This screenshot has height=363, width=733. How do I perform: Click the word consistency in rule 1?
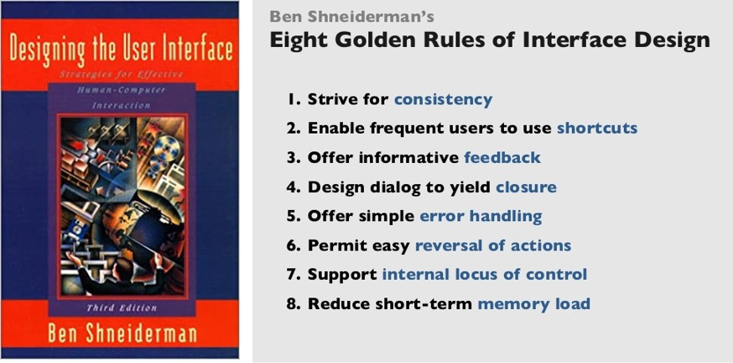pos(443,100)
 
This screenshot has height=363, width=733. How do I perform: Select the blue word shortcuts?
pos(597,129)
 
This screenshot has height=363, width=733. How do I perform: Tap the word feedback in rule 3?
pos(502,157)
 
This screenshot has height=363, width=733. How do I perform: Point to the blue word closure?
pos(526,187)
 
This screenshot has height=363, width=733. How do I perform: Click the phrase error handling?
pos(481,217)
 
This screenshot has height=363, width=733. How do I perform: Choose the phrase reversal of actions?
pos(493,245)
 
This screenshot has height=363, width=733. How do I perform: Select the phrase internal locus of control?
pos(484,275)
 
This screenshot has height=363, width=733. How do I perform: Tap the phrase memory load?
pos(534,304)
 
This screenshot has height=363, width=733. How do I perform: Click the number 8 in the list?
pos(293,304)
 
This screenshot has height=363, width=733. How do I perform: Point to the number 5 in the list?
pos(293,217)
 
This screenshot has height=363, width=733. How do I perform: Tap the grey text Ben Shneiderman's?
pos(351,17)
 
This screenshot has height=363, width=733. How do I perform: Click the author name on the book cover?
pos(122,334)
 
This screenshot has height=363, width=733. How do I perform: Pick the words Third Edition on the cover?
pos(122,308)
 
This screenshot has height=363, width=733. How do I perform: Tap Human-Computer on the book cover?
pos(121,91)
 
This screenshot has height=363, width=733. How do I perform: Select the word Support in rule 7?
pos(342,276)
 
